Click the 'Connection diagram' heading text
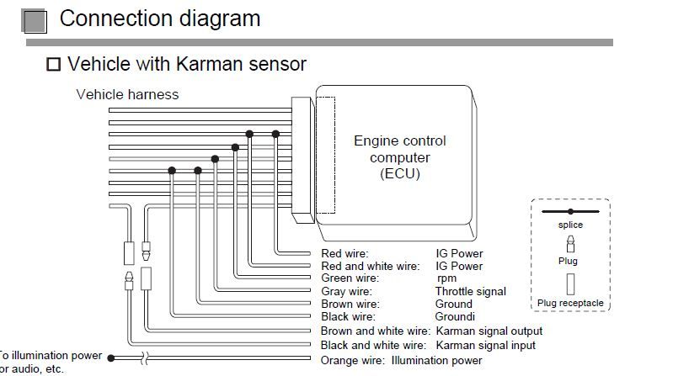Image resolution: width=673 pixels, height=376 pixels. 160,19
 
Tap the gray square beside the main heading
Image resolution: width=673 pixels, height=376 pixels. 34,21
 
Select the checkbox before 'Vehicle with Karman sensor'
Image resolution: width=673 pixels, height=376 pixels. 53,64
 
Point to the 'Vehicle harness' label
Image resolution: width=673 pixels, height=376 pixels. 127,94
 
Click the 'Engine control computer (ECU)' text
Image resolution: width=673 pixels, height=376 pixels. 399,157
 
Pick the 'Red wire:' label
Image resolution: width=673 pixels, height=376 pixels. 345,253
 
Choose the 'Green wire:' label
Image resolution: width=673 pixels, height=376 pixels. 350,278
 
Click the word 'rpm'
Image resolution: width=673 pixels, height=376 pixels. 446,278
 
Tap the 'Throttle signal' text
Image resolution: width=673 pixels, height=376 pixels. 470,292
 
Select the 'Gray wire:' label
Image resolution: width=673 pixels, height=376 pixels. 347,292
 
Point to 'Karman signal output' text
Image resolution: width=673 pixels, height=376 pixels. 489,331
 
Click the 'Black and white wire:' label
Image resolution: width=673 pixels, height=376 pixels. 373,345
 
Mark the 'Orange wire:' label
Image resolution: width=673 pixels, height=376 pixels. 352,361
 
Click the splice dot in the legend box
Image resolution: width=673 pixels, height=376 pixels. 570,211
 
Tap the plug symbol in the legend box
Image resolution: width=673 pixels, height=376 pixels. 570,244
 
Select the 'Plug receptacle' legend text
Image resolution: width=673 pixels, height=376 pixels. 570,303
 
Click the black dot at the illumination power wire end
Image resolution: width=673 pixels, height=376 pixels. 111,358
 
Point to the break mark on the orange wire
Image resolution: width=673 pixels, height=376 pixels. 145,358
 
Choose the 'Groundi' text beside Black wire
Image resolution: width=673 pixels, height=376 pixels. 455,317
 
